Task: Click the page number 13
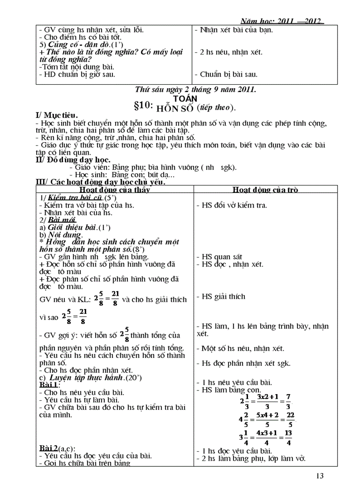point(320,476)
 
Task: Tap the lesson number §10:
point(143,107)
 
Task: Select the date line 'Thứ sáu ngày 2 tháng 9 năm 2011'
point(196,90)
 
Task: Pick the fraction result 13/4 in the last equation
point(288,438)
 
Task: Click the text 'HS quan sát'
point(220,257)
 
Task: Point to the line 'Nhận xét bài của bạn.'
point(236,30)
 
